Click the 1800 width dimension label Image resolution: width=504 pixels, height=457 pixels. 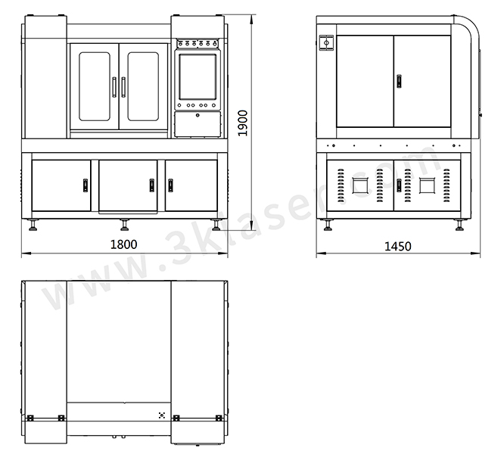(124, 244)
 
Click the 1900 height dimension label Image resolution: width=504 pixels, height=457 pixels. (243, 123)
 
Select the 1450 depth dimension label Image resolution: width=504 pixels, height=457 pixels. (398, 247)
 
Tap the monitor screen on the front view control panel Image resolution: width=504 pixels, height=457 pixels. (198, 77)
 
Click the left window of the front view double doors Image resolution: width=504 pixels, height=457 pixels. (95, 87)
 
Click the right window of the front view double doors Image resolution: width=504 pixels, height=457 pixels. (143, 87)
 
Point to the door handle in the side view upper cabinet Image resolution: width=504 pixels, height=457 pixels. (400, 81)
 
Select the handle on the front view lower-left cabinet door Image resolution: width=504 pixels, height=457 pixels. (86, 185)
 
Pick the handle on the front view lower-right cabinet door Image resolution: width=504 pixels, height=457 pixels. (170, 185)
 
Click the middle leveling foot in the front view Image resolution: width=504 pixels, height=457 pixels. (124, 225)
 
